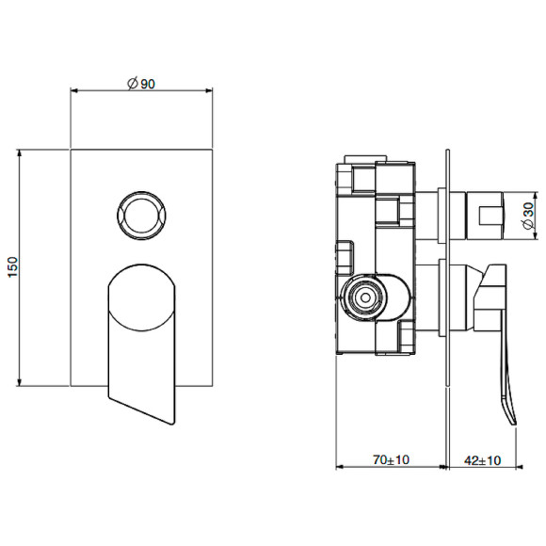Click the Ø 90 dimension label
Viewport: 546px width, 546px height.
[x=141, y=84]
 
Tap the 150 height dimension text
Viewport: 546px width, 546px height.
[x=12, y=267]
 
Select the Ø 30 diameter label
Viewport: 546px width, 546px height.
[x=528, y=216]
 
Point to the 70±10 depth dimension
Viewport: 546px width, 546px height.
[x=391, y=460]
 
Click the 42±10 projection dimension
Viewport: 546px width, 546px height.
[x=482, y=460]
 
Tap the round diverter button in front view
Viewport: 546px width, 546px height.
[x=141, y=216]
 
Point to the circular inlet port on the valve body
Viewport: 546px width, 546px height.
[x=364, y=298]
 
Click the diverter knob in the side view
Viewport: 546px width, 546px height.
[x=485, y=216]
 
